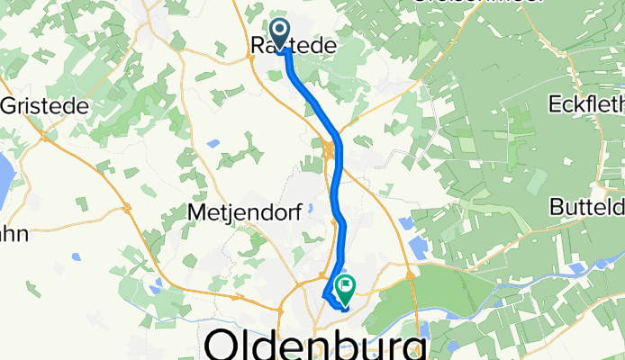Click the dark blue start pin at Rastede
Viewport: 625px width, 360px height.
coord(279,33)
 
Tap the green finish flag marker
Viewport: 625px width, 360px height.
coord(344,286)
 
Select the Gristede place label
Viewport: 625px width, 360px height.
coord(45,105)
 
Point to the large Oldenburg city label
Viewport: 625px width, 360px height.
coord(316,345)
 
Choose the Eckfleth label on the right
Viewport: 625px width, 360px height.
coord(586,104)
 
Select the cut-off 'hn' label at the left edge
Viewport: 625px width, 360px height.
coord(13,235)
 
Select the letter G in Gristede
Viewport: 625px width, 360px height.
coord(10,105)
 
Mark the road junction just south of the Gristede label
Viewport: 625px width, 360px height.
coord(42,135)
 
